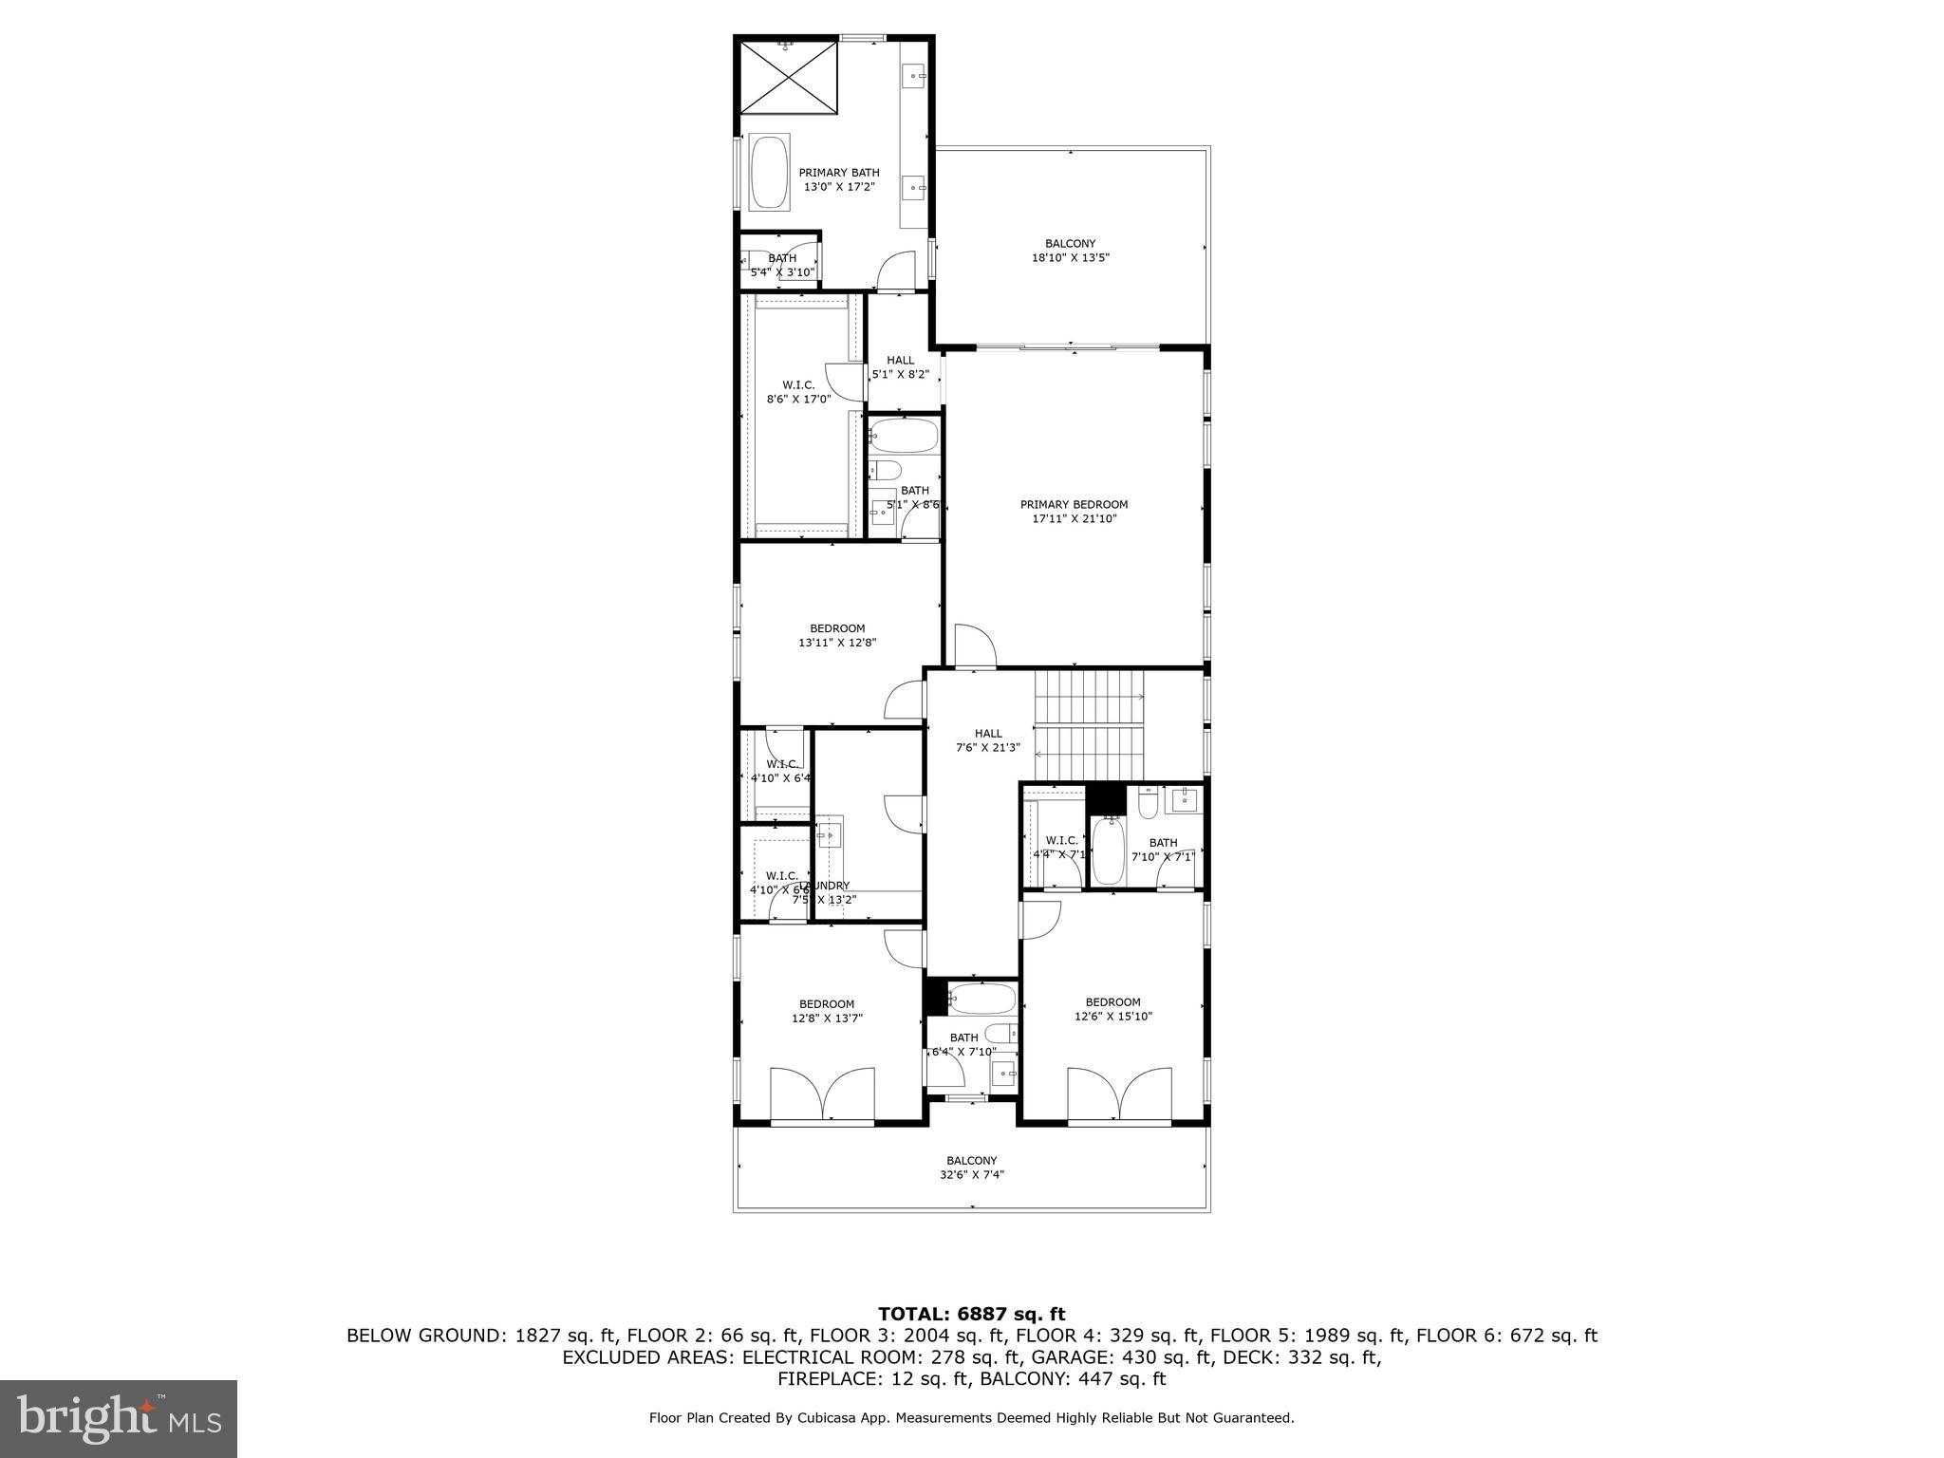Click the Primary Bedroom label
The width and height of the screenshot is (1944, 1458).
[x=1074, y=512]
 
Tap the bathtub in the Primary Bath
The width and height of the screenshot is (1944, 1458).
[x=769, y=173]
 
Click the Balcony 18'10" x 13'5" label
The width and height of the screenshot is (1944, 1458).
[x=1070, y=251]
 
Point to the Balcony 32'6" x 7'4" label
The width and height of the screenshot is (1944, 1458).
[x=971, y=1168]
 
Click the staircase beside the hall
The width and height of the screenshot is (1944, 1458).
[x=1090, y=724]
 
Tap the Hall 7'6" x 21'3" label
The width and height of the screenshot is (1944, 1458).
[x=987, y=740]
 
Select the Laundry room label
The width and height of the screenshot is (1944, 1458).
[x=824, y=892]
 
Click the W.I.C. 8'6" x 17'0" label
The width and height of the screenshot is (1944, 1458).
[x=798, y=392]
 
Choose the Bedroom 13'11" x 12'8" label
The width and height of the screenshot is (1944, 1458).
[x=837, y=635]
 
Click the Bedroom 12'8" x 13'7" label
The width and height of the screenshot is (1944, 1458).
[x=826, y=1011]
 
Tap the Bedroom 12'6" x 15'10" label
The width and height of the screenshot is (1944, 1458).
[x=1112, y=1009]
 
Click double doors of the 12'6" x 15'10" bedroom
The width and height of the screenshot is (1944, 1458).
[x=1119, y=1094]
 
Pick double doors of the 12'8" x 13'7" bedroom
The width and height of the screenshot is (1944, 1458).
[x=822, y=1094]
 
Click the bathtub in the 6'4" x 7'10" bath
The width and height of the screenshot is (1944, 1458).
[x=981, y=999]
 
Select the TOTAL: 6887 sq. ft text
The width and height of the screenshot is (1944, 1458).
[x=971, y=1315]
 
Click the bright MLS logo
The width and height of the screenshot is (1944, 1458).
[x=119, y=1419]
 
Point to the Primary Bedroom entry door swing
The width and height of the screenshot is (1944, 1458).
[x=975, y=645]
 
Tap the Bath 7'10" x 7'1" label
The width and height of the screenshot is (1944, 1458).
[x=1163, y=850]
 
